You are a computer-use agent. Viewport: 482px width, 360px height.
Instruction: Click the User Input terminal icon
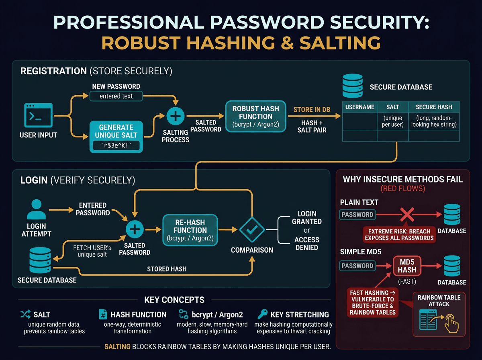tap(38, 115)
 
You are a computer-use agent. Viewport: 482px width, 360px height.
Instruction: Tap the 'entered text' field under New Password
tap(116, 96)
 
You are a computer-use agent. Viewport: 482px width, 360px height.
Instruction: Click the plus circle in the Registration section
tap(175, 117)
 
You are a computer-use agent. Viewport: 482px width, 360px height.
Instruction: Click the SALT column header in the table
tap(392, 107)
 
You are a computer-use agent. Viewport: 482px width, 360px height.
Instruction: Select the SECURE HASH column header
tap(434, 107)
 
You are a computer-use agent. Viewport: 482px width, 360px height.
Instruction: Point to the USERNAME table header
tap(359, 107)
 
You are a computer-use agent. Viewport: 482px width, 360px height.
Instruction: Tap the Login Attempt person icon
tap(36, 209)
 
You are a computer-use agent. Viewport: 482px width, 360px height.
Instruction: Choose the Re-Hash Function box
tap(190, 230)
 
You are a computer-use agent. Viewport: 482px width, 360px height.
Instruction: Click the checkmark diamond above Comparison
tap(252, 230)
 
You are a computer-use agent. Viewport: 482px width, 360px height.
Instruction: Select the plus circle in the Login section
tap(135, 230)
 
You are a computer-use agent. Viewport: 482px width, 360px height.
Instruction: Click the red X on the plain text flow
tap(407, 214)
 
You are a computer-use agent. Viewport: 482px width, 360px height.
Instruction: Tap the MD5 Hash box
tap(407, 266)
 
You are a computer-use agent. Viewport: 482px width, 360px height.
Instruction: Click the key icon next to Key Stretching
tap(263, 314)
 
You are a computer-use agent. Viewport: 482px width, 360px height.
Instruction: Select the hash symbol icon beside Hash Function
tap(103, 314)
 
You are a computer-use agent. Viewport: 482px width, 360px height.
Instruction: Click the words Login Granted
tap(307, 217)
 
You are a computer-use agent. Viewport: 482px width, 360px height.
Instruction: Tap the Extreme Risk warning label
tap(399, 234)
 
